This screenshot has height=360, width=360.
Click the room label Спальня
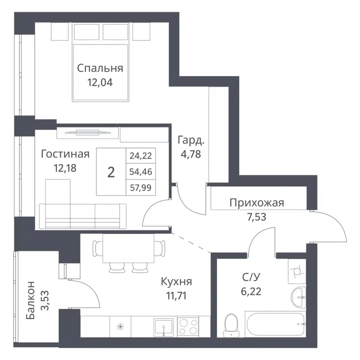(100, 68)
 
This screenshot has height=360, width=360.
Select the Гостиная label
(65, 154)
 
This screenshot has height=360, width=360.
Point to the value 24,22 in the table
(141, 156)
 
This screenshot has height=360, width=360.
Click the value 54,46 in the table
(141, 172)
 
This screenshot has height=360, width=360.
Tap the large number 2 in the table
(111, 172)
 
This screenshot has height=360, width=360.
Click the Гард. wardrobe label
(191, 139)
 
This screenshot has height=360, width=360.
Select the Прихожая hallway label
(256, 202)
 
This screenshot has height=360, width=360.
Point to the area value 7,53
(256, 217)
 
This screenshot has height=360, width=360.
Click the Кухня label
(177, 282)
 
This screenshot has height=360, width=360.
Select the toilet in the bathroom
(231, 324)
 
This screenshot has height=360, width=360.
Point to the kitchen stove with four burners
(188, 325)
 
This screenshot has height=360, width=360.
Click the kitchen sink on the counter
(163, 326)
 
